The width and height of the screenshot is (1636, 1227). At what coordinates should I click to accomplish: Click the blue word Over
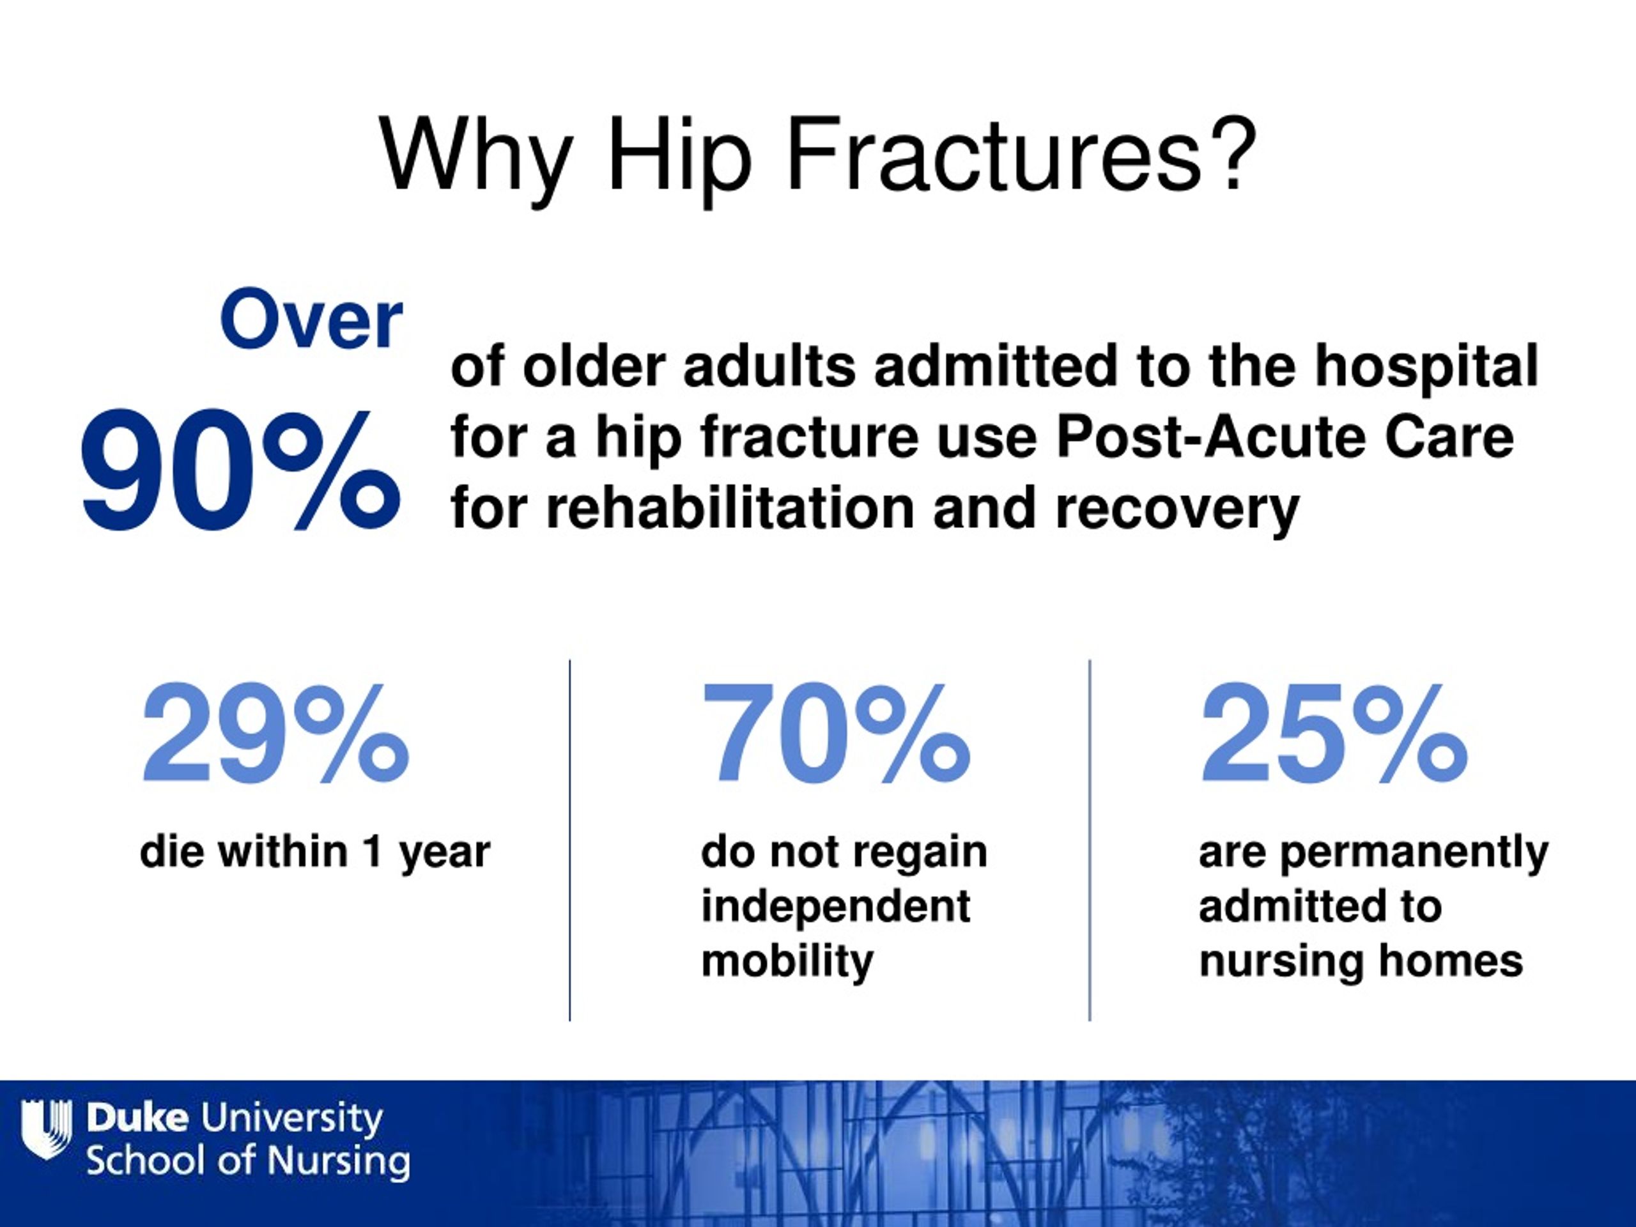(x=311, y=320)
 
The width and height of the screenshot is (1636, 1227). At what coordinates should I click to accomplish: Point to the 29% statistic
(x=275, y=734)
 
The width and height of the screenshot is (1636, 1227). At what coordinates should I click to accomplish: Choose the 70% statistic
(x=836, y=734)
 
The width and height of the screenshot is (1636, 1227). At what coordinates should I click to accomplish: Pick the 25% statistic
(x=1334, y=734)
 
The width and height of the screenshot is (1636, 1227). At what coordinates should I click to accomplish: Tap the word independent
(x=836, y=907)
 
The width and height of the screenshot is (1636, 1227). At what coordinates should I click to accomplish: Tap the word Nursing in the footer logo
(x=338, y=1161)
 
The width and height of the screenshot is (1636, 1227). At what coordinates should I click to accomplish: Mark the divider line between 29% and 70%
(x=569, y=840)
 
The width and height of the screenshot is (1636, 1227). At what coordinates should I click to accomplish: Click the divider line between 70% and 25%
(x=1090, y=840)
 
